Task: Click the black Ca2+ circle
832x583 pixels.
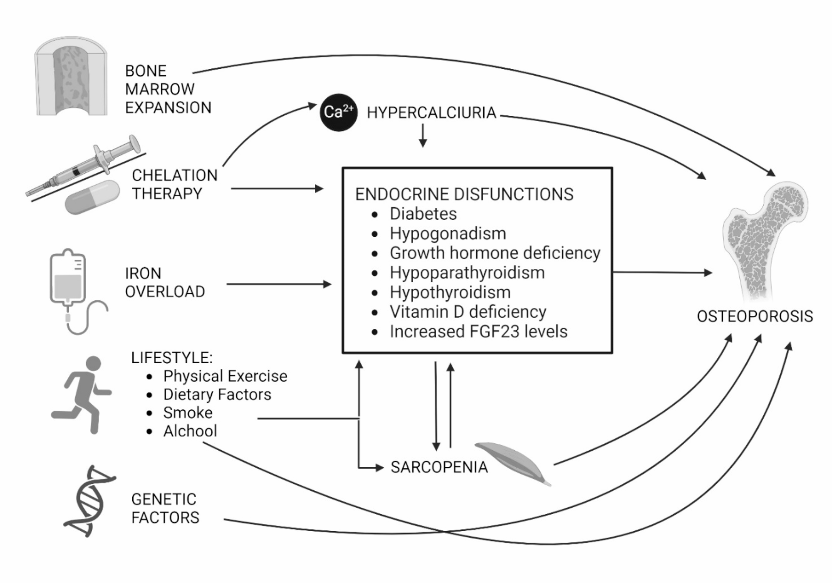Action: [x=338, y=112]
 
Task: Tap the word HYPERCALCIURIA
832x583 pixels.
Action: [x=431, y=113]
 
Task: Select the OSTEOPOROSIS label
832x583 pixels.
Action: [x=755, y=316]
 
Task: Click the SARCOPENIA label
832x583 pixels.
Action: [x=439, y=467]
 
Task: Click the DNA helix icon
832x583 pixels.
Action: [x=89, y=501]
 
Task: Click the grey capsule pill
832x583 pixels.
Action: [x=93, y=197]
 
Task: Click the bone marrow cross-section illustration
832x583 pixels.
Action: [x=71, y=77]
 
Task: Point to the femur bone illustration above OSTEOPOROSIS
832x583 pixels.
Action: [x=765, y=239]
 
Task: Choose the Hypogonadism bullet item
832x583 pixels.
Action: [x=448, y=234]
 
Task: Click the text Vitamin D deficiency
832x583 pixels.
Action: [x=468, y=312]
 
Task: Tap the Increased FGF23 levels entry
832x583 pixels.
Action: [x=478, y=332]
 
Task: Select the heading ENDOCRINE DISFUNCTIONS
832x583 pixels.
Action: [x=464, y=194]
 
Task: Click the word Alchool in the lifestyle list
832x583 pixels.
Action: [x=190, y=431]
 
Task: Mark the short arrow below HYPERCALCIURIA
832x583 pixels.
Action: [x=423, y=136]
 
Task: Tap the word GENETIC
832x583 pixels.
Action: [x=164, y=499]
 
